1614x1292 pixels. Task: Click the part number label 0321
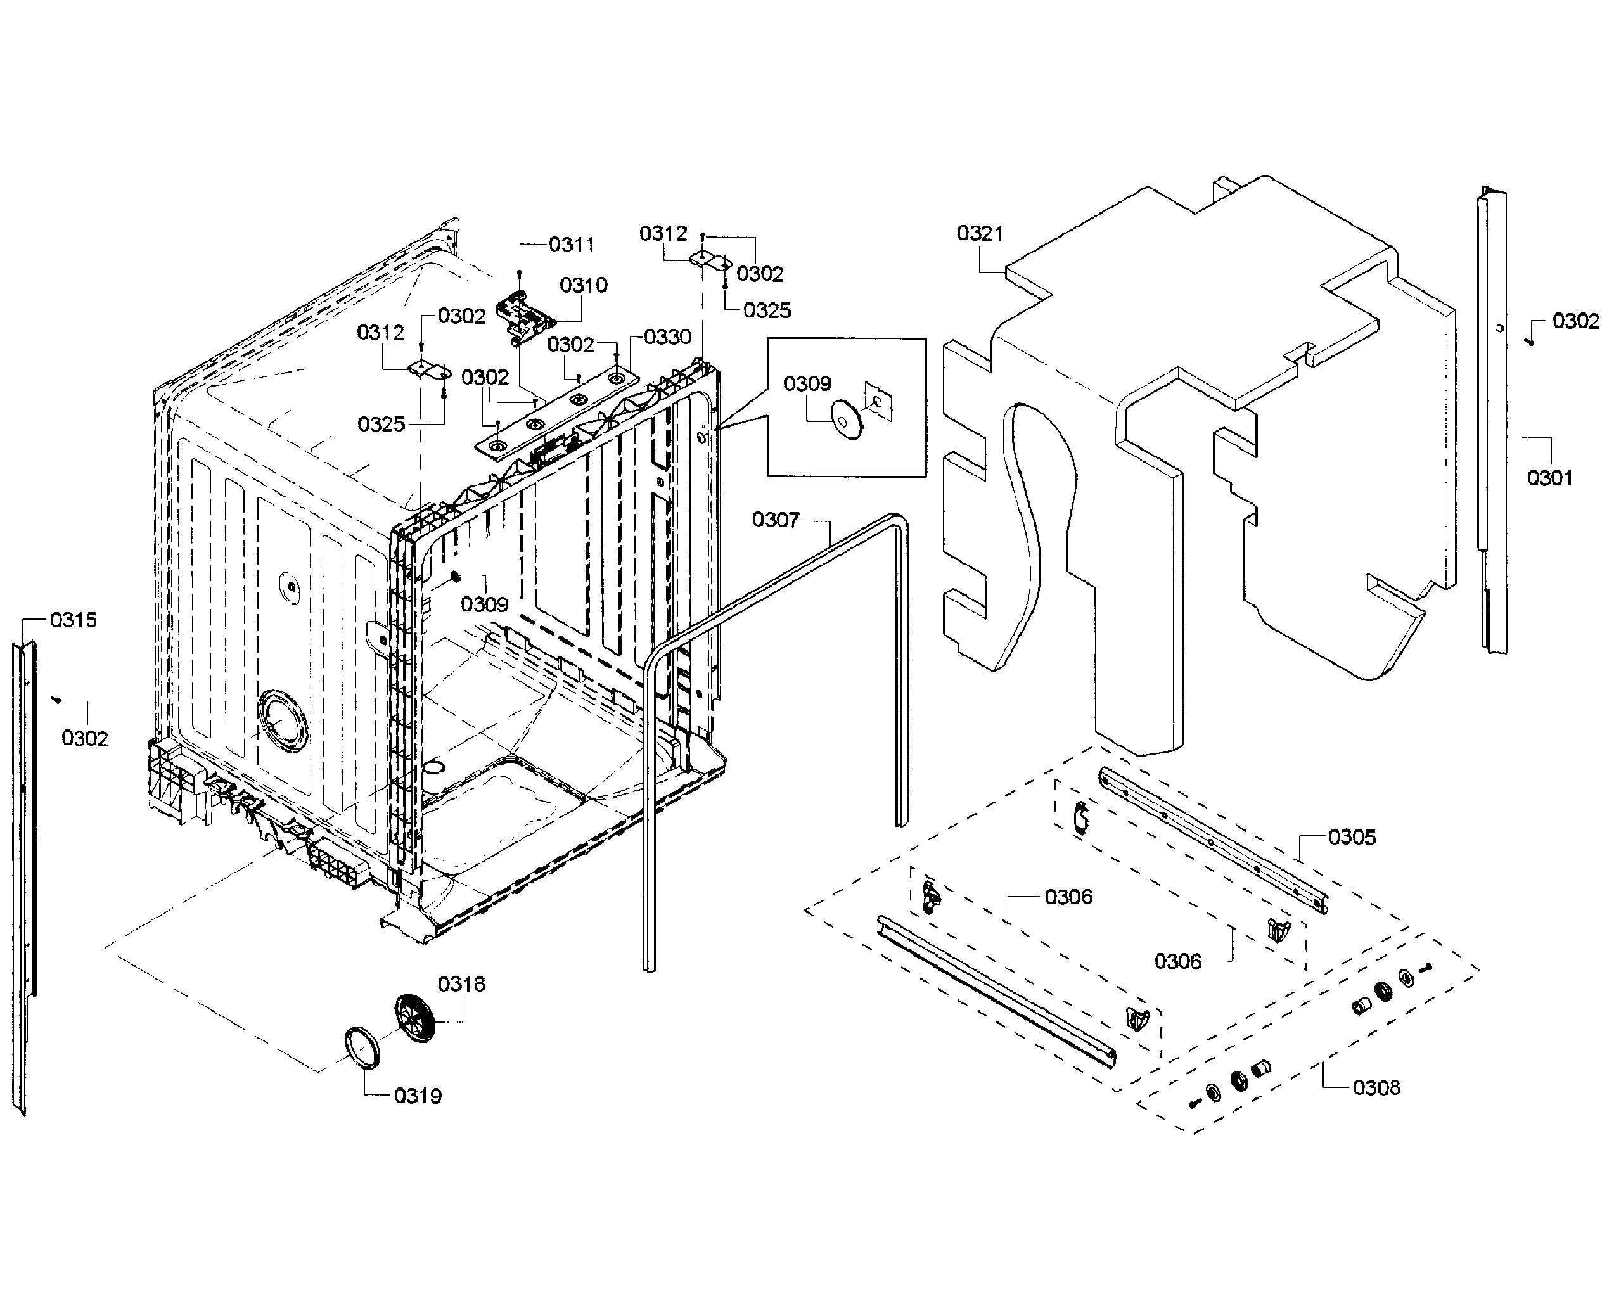(x=979, y=234)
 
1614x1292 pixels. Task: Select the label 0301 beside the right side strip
(x=1549, y=478)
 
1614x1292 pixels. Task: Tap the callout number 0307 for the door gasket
(x=776, y=520)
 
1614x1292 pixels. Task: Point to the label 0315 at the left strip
(x=74, y=620)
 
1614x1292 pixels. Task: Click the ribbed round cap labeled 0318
(x=414, y=1019)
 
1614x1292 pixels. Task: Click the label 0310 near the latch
(x=583, y=285)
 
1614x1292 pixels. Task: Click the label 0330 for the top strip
(x=667, y=338)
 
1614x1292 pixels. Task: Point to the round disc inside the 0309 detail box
(x=847, y=419)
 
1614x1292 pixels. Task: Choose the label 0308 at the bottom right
(x=1376, y=1087)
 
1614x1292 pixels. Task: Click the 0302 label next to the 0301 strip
(x=1575, y=321)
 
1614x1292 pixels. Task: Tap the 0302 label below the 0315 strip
(x=84, y=739)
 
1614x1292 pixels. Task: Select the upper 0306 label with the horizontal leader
(x=1068, y=897)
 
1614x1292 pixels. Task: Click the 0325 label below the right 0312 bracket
(x=767, y=310)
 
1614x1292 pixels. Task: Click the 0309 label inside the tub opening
(x=484, y=604)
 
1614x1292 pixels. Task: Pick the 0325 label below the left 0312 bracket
(x=380, y=425)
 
